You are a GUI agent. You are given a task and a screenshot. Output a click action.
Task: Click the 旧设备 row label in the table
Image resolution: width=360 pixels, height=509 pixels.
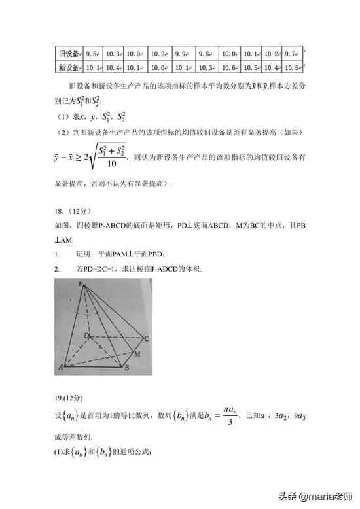[x=69, y=53]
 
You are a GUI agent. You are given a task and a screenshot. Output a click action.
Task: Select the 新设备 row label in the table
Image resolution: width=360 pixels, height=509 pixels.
[x=69, y=67]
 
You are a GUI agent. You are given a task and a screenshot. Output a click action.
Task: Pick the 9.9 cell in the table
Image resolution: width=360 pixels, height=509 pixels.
[x=183, y=53]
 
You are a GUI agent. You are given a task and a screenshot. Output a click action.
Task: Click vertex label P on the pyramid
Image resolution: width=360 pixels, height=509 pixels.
[x=80, y=285]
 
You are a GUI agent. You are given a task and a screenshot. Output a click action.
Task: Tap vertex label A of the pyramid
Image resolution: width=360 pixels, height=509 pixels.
[x=61, y=367]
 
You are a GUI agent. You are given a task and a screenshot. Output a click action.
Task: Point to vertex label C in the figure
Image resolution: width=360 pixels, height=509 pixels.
[x=147, y=338]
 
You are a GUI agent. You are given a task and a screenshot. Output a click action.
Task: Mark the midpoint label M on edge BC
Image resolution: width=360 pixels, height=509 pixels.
[x=137, y=354]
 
